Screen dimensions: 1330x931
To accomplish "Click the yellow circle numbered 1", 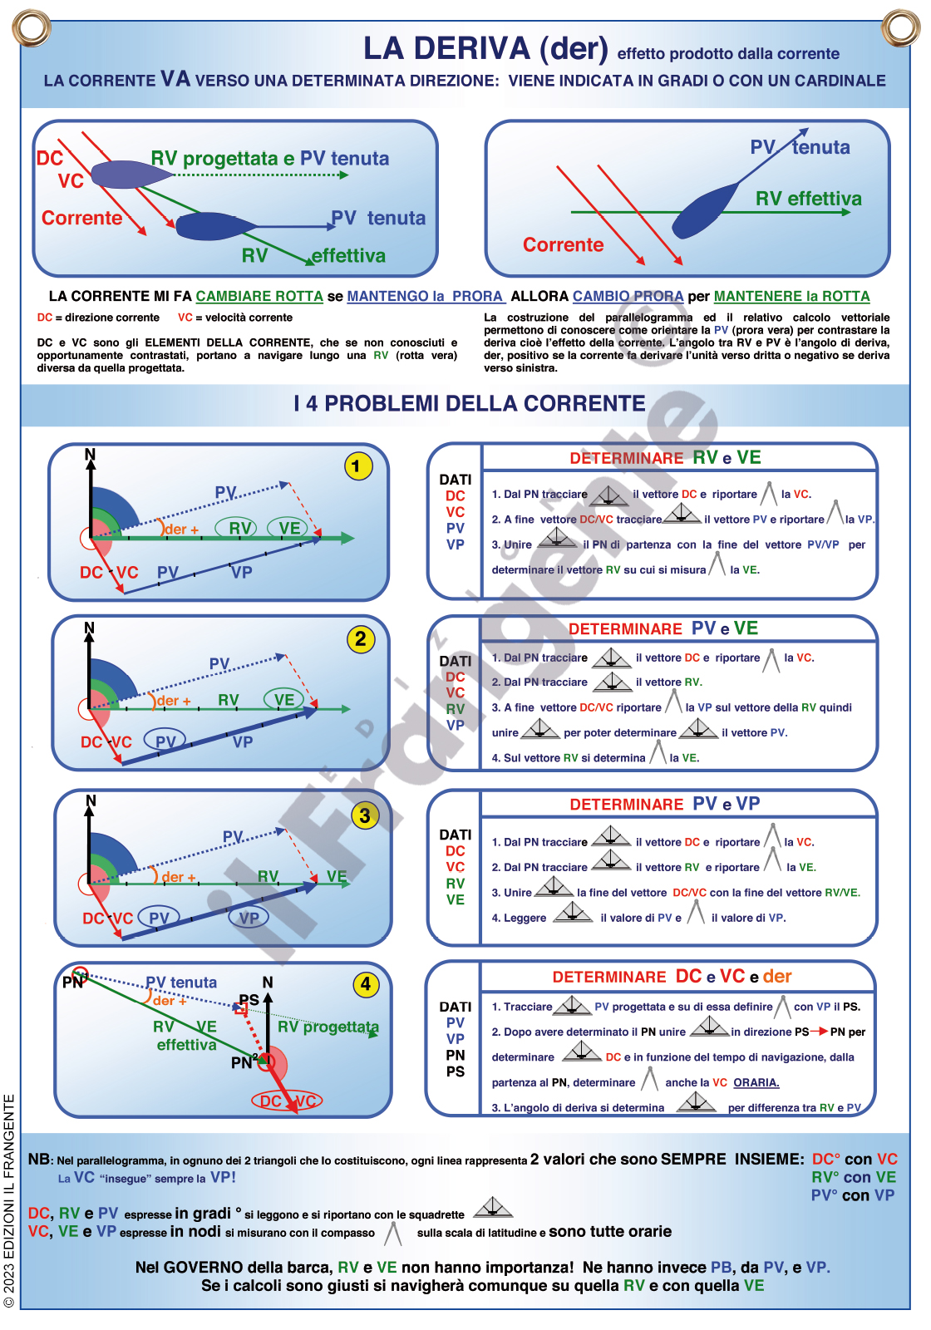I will click(x=357, y=466).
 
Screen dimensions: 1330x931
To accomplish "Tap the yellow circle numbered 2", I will click(x=360, y=639).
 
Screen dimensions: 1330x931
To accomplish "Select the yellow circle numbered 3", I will click(x=364, y=815).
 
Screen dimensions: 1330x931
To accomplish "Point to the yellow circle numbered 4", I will click(x=366, y=985).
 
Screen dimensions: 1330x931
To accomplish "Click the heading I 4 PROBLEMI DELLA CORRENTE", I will click(x=469, y=404).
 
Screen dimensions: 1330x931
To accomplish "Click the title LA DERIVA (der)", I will click(x=485, y=49).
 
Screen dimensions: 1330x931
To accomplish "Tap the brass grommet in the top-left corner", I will click(x=32, y=27).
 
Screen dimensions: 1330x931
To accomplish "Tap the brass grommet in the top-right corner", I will click(x=899, y=27).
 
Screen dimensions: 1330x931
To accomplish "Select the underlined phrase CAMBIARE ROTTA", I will click(x=259, y=297).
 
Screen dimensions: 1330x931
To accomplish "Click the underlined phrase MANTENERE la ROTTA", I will click(x=791, y=297).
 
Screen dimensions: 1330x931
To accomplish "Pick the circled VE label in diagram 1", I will click(x=289, y=528).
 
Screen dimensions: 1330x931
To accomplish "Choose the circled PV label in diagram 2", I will click(x=165, y=741).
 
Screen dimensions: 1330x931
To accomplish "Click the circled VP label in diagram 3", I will click(x=249, y=918).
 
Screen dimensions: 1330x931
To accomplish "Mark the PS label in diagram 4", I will click(x=249, y=999).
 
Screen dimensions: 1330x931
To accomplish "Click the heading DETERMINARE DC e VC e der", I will click(x=672, y=977).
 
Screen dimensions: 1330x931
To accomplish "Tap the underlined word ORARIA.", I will click(x=756, y=1082).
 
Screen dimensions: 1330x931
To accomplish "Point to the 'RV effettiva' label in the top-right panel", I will click(x=808, y=199).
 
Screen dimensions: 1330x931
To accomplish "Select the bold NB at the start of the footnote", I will click(x=39, y=1159).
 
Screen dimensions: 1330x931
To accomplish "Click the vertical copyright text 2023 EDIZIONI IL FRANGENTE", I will click(x=10, y=1201).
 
